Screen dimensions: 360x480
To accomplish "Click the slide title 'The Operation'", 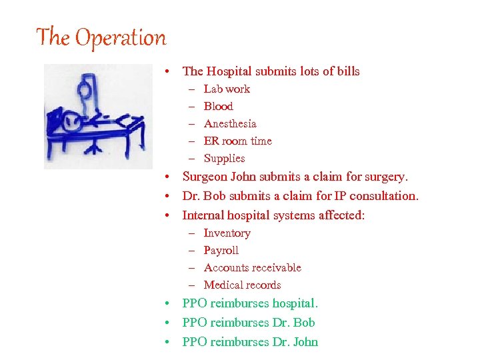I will click(x=101, y=37).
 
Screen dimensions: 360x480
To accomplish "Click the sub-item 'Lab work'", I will click(x=227, y=89).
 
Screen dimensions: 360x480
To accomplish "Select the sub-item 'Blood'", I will click(x=218, y=107).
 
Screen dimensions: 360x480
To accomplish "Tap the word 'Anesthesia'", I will click(x=230, y=124).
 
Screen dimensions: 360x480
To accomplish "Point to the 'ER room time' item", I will click(x=237, y=141).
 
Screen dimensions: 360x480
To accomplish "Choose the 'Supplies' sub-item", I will click(x=224, y=159).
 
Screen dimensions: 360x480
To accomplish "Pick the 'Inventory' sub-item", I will click(x=227, y=233).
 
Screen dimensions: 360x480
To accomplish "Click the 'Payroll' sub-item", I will click(x=221, y=251).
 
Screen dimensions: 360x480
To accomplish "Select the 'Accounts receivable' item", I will click(x=252, y=268).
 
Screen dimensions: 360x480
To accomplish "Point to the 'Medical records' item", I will click(x=242, y=285).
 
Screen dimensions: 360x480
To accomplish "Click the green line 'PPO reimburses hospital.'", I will click(x=250, y=303).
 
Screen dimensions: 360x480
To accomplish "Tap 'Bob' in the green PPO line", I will click(x=304, y=323).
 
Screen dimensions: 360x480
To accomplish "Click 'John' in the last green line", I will click(x=305, y=342).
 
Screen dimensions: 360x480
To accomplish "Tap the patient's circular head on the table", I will click(x=73, y=121).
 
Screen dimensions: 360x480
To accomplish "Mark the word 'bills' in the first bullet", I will click(x=347, y=71).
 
